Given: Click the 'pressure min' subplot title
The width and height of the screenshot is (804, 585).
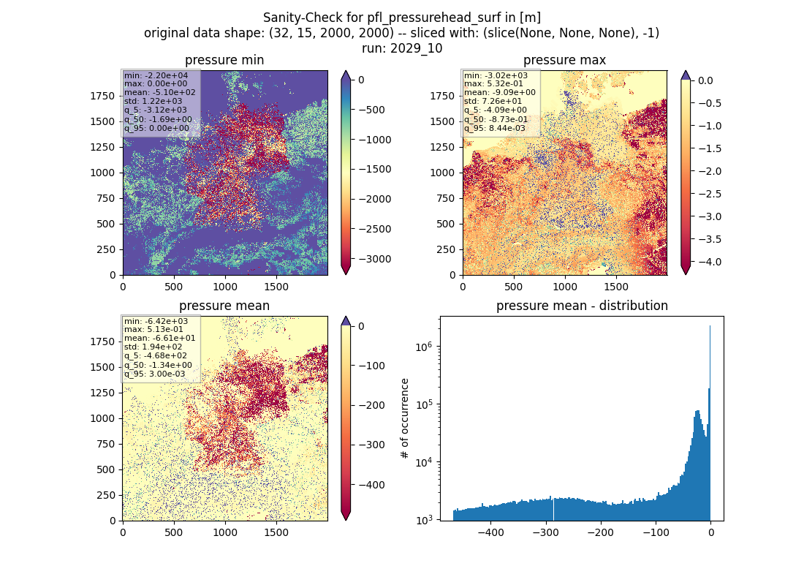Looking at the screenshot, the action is click(224, 60).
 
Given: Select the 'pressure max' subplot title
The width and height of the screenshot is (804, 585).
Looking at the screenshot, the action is click(564, 60).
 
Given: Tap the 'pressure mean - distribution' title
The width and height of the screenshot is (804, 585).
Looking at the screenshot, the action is click(582, 306).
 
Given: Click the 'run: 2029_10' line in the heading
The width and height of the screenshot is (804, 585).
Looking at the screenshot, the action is click(402, 48).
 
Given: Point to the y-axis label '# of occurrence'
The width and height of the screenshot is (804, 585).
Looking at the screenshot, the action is click(405, 419).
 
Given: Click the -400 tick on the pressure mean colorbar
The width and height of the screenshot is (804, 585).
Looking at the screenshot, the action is click(368, 485).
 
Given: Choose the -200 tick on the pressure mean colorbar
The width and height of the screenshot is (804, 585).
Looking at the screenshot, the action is click(368, 405).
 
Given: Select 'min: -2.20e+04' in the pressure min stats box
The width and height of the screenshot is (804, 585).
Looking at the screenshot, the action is click(156, 75).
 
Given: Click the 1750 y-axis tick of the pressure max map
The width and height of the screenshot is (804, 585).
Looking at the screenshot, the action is click(442, 96).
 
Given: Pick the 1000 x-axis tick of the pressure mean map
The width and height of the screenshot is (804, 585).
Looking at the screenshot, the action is click(225, 532).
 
